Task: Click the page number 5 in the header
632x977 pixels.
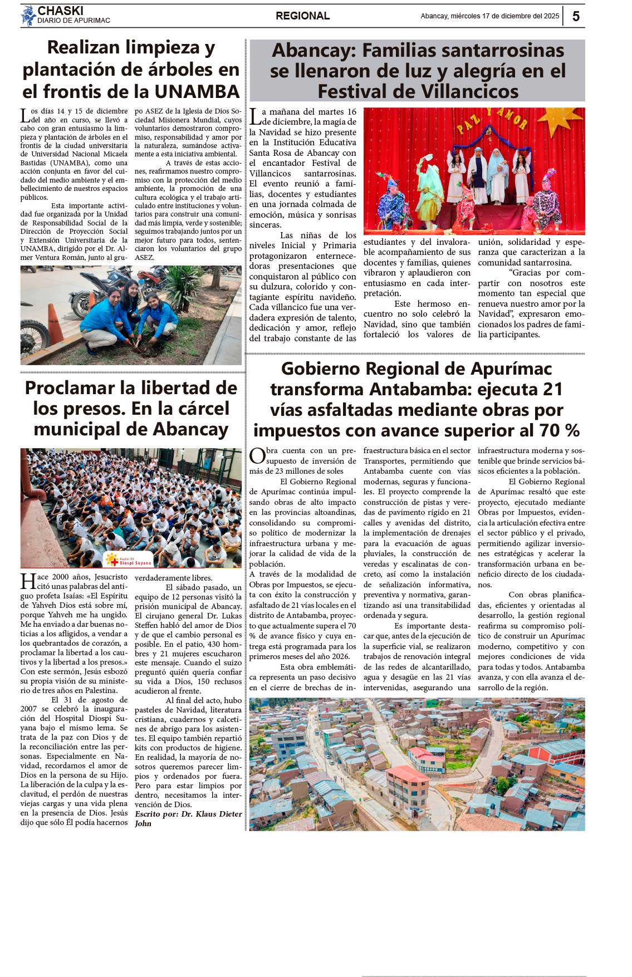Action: tap(576, 16)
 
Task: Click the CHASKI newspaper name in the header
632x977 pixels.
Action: tap(60, 11)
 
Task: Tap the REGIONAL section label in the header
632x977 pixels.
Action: tap(302, 16)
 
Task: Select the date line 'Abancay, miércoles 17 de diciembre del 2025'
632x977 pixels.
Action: tap(489, 16)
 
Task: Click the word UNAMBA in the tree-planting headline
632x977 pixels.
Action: tap(197, 91)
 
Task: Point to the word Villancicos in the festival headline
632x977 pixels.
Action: tap(418, 91)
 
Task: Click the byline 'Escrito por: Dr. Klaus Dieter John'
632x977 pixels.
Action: tap(188, 818)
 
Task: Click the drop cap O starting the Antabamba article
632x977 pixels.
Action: tap(257, 456)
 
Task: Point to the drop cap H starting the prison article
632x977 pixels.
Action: tap(28, 582)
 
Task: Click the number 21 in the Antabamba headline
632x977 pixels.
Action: tap(552, 389)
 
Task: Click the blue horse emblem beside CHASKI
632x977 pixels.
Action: tap(28, 16)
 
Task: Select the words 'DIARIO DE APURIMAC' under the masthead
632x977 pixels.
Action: tap(74, 21)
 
